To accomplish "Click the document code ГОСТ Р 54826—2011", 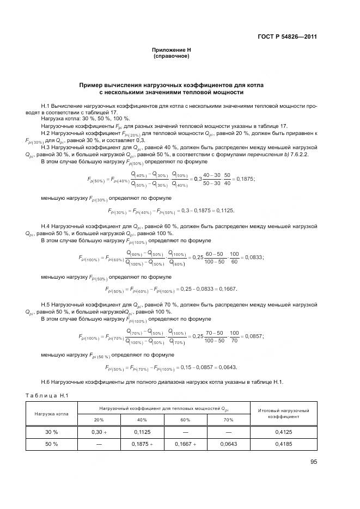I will click(x=287, y=37).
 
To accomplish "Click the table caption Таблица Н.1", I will click(x=48, y=395).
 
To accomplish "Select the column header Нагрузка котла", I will click(x=52, y=413).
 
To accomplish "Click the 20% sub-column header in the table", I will click(x=99, y=420).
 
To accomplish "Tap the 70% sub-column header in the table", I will click(x=228, y=420).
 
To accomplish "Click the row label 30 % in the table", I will click(x=52, y=431).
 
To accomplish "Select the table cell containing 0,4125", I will click(x=284, y=431).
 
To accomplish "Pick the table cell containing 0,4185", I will click(x=284, y=444).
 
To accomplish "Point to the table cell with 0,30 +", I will click(x=99, y=431).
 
